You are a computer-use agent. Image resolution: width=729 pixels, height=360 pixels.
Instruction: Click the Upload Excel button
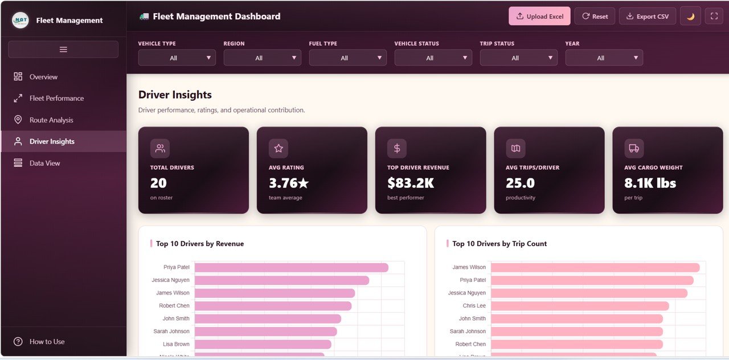coord(539,17)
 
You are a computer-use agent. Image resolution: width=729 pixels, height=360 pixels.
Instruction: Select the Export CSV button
coord(647,17)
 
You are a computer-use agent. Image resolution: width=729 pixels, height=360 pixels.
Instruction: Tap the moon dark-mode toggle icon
coord(690,17)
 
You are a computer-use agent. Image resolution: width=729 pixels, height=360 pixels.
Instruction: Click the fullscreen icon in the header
coord(714,17)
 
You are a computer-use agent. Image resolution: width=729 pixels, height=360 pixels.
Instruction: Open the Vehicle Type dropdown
coord(177,58)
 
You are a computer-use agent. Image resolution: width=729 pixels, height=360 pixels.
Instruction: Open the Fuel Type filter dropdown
coord(347,58)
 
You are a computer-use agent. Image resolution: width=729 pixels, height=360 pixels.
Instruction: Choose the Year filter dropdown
coord(604,58)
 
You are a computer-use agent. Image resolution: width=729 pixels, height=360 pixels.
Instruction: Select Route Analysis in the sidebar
coord(51,120)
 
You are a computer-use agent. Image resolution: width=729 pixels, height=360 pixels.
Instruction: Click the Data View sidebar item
coord(44,163)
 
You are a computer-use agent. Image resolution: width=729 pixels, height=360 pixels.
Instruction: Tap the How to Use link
coord(47,342)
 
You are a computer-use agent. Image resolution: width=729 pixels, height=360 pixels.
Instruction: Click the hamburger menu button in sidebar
coord(63,50)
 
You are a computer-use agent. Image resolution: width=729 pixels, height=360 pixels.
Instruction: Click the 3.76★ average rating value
coord(289,183)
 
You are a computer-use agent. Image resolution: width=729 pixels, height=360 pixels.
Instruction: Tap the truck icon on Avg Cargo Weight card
coord(633,148)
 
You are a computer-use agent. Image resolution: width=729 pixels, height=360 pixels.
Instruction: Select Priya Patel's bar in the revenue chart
coord(291,268)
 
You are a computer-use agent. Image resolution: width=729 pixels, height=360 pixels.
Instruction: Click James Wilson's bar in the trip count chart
coord(595,268)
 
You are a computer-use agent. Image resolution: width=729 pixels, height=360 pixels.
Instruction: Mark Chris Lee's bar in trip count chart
coord(579,306)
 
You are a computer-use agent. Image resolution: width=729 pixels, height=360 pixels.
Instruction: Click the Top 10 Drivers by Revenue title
coord(199,244)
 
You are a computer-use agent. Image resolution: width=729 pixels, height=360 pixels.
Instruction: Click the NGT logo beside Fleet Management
coord(21,21)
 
